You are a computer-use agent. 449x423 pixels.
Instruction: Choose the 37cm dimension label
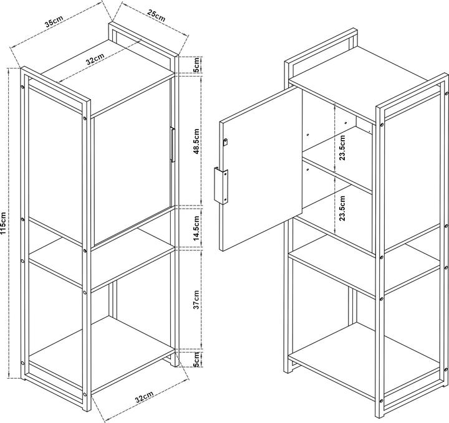pyautogui.click(x=196, y=300)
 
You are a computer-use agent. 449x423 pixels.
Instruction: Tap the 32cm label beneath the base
pyautogui.click(x=145, y=397)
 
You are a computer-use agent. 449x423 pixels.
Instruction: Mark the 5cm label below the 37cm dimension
pyautogui.click(x=196, y=359)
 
